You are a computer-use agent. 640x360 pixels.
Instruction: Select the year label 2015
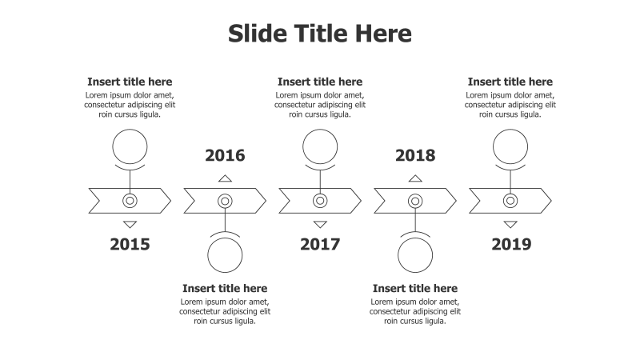(130, 244)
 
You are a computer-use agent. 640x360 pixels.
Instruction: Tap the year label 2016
(225, 155)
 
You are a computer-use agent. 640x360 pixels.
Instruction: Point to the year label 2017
(320, 244)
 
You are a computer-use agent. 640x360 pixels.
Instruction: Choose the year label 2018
(415, 155)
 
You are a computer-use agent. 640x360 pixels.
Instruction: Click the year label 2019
(510, 244)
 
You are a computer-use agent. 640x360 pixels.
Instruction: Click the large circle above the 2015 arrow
(130, 146)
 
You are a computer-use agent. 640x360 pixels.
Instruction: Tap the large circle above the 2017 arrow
(320, 146)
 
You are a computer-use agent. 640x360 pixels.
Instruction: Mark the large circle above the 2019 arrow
(510, 146)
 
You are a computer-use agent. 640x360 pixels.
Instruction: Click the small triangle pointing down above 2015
(130, 224)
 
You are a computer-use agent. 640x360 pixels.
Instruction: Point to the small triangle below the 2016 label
(225, 178)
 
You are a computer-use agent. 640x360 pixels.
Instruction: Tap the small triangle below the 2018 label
(415, 178)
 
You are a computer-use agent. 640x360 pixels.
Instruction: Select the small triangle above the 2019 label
(510, 224)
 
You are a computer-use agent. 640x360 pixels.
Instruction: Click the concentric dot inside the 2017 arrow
(320, 201)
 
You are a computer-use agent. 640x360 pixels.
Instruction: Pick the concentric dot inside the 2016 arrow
(225, 201)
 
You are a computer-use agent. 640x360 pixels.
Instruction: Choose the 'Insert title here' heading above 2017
(320, 82)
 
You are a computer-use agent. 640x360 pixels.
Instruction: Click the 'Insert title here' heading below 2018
(415, 288)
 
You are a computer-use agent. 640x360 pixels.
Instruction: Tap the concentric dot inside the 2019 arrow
(510, 201)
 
